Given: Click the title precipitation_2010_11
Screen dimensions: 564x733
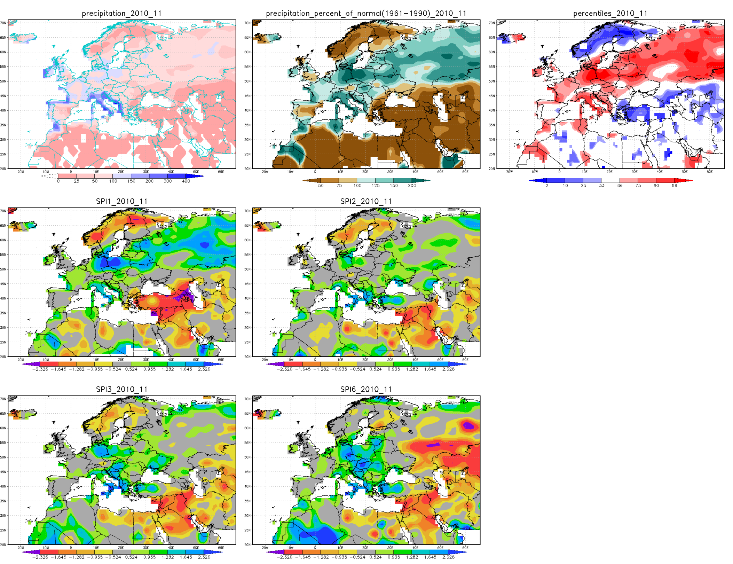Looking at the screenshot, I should pyautogui.click(x=122, y=14).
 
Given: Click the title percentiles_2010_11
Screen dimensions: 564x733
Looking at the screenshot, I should pyautogui.click(x=610, y=14).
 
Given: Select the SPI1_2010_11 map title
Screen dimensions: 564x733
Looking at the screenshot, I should pyautogui.click(x=122, y=202).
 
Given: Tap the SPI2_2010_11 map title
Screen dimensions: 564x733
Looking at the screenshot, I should pyautogui.click(x=366, y=202).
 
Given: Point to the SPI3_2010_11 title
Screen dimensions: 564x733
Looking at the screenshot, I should pyautogui.click(x=122, y=390).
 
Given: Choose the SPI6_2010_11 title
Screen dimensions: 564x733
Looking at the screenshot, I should pyautogui.click(x=366, y=390).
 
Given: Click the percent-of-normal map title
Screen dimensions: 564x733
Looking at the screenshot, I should pyautogui.click(x=366, y=14).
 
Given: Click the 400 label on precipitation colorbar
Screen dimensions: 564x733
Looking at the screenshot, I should pyautogui.click(x=186, y=181).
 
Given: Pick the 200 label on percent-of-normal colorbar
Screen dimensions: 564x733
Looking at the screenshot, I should pyautogui.click(x=412, y=186).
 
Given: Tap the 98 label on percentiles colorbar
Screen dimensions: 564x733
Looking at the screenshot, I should pyautogui.click(x=675, y=186).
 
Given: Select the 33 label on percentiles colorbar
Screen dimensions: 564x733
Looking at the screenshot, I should pyautogui.click(x=602, y=186).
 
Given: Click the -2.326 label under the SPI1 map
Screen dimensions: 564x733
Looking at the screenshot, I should pyautogui.click(x=40, y=369).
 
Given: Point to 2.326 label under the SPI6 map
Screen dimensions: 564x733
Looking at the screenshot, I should pyautogui.click(x=448, y=557).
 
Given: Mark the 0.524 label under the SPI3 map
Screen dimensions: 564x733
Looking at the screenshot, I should pyautogui.click(x=131, y=557).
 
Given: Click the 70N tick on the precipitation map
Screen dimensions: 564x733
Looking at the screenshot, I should pyautogui.click(x=3, y=23).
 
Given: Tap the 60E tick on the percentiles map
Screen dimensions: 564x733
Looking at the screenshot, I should pyautogui.click(x=710, y=172).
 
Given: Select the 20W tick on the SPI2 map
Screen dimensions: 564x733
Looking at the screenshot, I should pyautogui.click(x=265, y=360).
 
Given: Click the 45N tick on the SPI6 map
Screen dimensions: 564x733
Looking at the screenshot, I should pyautogui.click(x=247, y=472).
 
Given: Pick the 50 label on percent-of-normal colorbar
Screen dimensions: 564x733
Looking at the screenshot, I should pyautogui.click(x=321, y=186).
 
